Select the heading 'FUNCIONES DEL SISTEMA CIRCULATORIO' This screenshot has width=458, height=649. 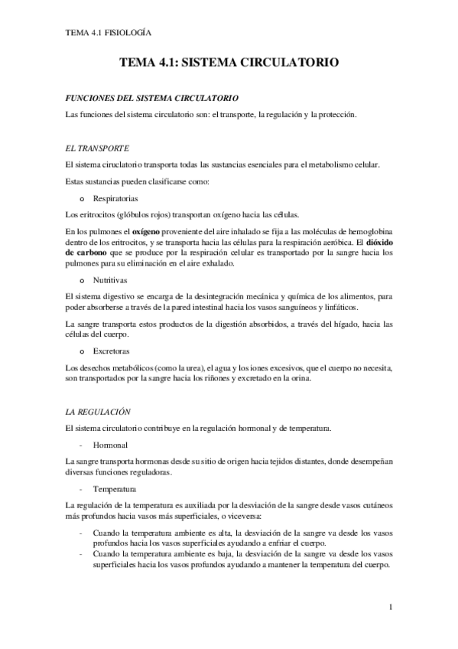(x=153, y=99)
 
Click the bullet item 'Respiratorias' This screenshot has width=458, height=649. (x=116, y=197)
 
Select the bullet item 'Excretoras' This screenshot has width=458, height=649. (x=113, y=351)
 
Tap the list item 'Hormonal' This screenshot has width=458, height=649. (x=110, y=444)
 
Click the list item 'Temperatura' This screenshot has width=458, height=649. (x=114, y=488)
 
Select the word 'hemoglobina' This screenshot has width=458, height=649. (x=368, y=230)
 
